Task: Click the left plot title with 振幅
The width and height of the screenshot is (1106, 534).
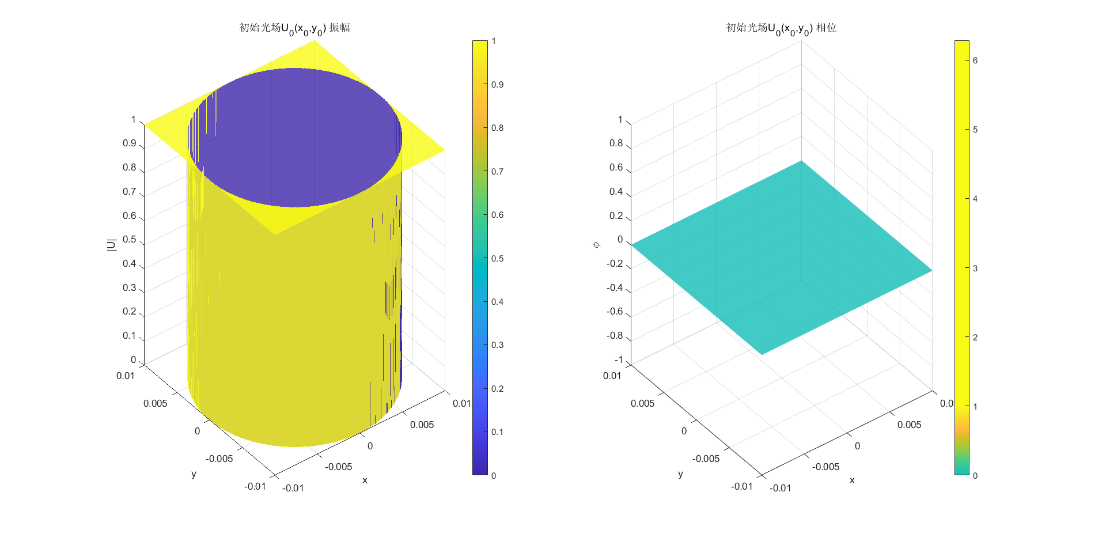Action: click(294, 28)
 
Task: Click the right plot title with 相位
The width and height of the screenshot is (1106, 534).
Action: click(781, 28)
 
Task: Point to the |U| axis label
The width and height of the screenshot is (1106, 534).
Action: click(112, 244)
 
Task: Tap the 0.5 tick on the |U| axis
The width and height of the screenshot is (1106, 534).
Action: click(130, 240)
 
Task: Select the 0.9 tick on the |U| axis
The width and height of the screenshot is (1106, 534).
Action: click(130, 143)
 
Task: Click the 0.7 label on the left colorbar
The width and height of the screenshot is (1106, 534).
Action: click(497, 172)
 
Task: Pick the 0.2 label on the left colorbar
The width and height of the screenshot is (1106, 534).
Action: click(497, 389)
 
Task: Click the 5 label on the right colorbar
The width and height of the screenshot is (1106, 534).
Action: click(975, 130)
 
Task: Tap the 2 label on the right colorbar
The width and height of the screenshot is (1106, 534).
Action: click(975, 338)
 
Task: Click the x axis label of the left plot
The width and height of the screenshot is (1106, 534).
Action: click(365, 480)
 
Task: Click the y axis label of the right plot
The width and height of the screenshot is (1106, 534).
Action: click(680, 474)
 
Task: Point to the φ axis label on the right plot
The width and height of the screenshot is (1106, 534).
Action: click(596, 245)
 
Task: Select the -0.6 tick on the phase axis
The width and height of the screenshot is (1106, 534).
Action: click(615, 312)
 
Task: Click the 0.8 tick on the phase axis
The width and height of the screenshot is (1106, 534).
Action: click(616, 143)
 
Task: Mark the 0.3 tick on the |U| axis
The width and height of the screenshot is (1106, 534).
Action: click(130, 288)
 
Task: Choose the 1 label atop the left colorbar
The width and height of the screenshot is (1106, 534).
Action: click(494, 41)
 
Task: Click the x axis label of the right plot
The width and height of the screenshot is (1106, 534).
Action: click(852, 480)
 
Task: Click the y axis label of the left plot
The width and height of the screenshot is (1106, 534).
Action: click(194, 474)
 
